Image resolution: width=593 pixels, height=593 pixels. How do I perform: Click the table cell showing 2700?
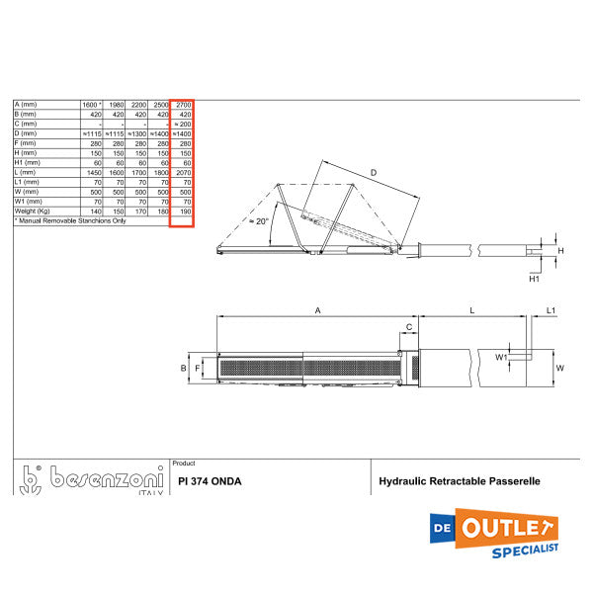183,104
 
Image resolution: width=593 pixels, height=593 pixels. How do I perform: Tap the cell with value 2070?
183,172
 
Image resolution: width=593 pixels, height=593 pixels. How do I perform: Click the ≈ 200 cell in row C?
182,124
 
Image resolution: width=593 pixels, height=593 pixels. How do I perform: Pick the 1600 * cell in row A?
91,104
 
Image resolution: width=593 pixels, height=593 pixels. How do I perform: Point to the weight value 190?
184,212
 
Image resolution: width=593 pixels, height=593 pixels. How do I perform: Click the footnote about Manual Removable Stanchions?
71,221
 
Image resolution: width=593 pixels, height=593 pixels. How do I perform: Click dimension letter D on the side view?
373,173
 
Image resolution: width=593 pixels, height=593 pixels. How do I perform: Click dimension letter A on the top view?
317,310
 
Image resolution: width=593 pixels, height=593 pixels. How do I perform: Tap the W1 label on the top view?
501,356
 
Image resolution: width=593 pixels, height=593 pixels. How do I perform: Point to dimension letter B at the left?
183,368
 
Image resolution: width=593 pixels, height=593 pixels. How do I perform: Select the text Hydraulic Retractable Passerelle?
460,482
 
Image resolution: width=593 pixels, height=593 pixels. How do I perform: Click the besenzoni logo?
89,479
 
